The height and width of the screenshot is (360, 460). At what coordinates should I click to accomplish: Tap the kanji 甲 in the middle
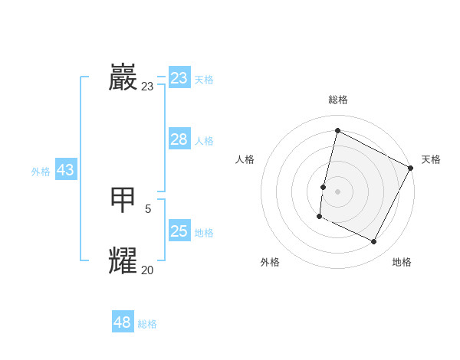[123, 200]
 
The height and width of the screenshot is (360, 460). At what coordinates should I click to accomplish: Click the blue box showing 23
[179, 78]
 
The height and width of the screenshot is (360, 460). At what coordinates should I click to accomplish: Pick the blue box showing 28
[179, 139]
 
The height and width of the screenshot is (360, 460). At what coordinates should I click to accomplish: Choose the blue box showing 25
[179, 231]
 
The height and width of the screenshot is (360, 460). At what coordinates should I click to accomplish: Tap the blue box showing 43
[65, 170]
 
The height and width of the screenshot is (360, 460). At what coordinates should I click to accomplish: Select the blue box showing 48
[123, 322]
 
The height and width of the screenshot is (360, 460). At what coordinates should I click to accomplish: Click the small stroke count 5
[148, 208]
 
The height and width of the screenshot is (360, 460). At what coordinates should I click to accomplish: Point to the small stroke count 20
[147, 270]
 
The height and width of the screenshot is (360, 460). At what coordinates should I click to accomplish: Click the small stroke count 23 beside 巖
[147, 87]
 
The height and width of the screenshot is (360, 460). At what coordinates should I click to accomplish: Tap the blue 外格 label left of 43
[41, 172]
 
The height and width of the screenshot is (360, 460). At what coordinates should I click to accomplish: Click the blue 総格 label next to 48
[147, 324]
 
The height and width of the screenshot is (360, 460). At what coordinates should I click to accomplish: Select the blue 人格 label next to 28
[204, 141]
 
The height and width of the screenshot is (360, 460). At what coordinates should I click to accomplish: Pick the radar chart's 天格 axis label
[431, 159]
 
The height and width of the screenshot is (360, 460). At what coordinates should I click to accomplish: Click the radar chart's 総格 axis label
[337, 100]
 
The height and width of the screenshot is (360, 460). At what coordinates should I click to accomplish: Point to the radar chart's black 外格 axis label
[270, 262]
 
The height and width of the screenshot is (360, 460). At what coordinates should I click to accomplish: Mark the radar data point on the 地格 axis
[374, 242]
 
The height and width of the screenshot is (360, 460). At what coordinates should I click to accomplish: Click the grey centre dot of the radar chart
[337, 191]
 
